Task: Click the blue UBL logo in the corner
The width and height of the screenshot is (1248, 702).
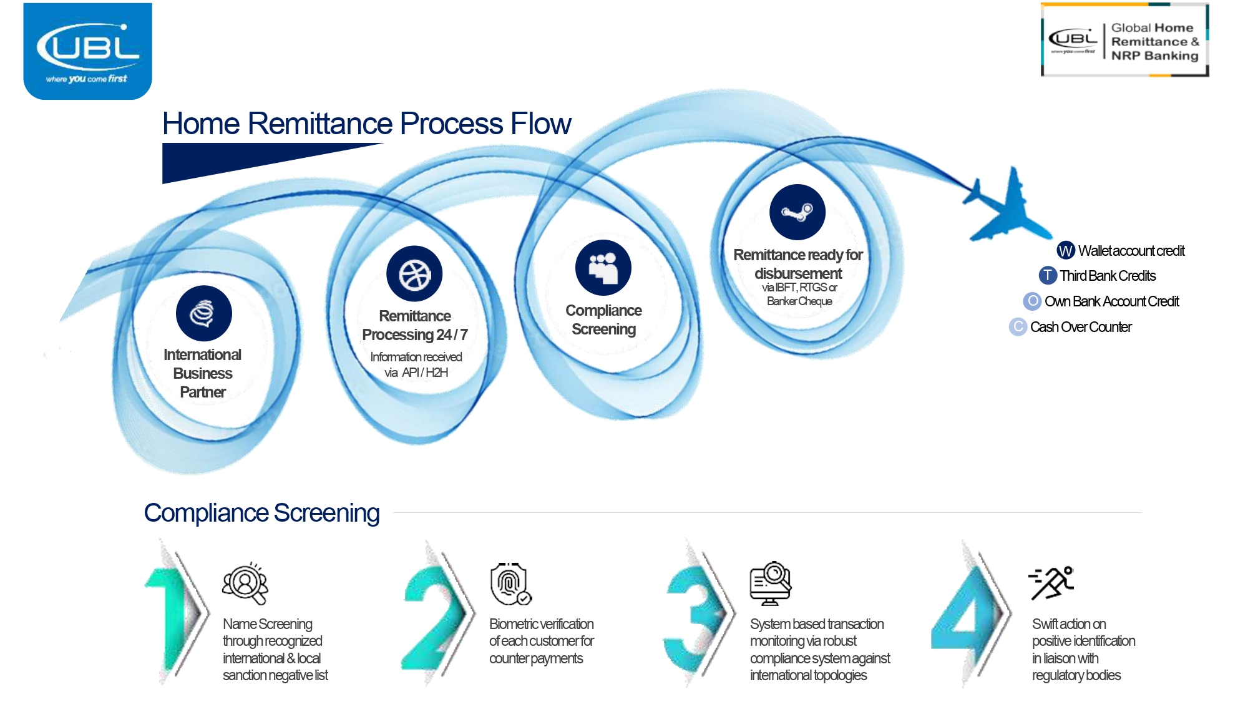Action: (x=87, y=51)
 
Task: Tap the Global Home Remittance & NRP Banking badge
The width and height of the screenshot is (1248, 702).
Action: (x=1124, y=41)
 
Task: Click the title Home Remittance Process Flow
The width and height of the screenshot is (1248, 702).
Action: (x=366, y=124)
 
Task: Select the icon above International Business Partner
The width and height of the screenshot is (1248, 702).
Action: (x=203, y=313)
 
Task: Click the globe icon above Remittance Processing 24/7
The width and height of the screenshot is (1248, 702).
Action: (x=414, y=274)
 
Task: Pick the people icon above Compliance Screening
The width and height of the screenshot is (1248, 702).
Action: (x=603, y=268)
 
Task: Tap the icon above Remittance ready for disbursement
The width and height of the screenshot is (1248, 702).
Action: (x=797, y=212)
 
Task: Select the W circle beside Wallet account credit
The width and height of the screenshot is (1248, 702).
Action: (x=1065, y=251)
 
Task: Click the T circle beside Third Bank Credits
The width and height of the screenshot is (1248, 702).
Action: (x=1048, y=275)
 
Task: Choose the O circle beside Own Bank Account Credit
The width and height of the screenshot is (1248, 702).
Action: (x=1033, y=301)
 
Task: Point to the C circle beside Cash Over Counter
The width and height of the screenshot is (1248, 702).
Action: (x=1018, y=327)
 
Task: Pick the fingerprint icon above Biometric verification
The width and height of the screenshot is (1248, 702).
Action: (x=510, y=584)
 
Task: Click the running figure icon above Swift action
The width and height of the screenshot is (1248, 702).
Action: (x=1051, y=583)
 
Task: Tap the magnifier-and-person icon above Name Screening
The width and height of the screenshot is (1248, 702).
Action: (x=245, y=583)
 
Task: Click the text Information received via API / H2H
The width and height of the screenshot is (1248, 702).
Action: (x=416, y=364)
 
